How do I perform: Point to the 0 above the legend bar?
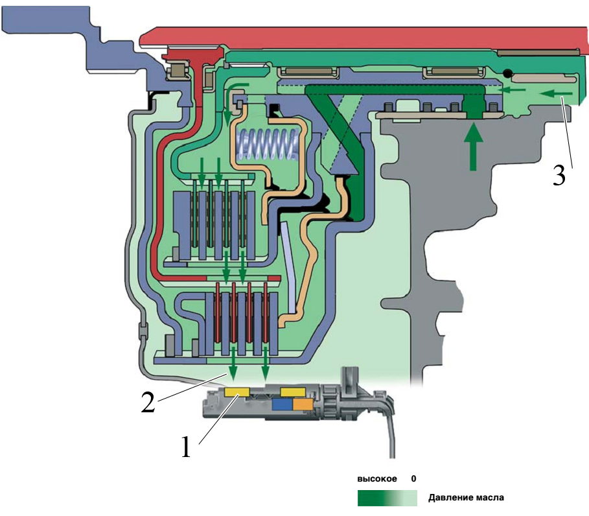413,479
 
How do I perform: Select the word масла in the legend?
491,498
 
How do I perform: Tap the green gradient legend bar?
387,498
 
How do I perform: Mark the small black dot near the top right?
508,75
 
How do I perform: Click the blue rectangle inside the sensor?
282,404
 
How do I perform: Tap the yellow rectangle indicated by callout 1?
236,392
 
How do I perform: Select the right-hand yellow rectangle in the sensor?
293,392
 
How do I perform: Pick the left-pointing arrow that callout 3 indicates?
554,95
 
